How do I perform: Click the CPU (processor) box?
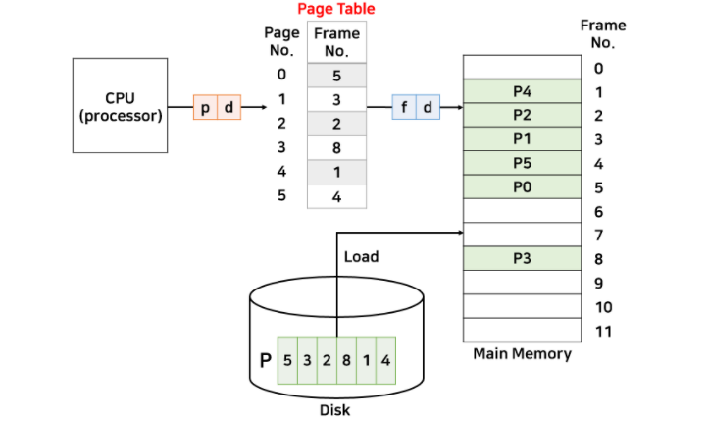click(x=120, y=105)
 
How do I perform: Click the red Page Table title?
click(x=336, y=10)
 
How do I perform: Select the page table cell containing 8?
click(x=336, y=148)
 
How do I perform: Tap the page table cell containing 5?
click(x=336, y=75)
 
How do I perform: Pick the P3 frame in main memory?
click(x=521, y=258)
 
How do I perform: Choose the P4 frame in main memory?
click(x=521, y=91)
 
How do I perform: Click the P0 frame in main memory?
click(x=521, y=186)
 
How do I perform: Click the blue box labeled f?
click(x=405, y=108)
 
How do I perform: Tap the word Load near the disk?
click(x=361, y=257)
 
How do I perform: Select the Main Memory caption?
click(x=521, y=353)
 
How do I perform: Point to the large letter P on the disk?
click(x=265, y=360)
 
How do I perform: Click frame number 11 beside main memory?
click(x=603, y=331)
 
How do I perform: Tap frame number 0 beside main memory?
click(x=599, y=68)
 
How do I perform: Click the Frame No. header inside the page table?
click(x=336, y=42)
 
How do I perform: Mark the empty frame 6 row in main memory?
click(x=521, y=211)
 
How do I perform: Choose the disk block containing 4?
click(x=385, y=360)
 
